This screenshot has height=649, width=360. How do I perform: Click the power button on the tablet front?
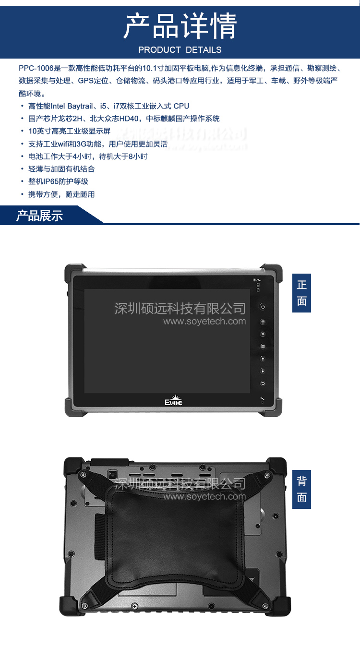pos(263,307)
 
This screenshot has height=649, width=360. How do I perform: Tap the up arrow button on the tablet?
pos(263,359)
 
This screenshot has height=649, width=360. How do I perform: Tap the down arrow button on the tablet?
pos(263,371)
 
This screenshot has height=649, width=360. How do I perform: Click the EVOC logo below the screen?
pos(174,401)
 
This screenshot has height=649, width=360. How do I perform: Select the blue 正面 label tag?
pos(301,293)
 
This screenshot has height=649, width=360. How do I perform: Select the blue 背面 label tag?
pos(301,489)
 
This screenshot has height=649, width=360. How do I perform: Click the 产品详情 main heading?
pos(180,26)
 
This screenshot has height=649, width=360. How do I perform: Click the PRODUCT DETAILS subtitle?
pos(180,50)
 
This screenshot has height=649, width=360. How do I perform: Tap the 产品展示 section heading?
pos(39,216)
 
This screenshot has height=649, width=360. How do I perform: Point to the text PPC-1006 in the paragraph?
pos(35,68)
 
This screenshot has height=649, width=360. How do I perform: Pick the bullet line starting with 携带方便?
pos(61,194)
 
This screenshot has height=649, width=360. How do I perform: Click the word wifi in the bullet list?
pos(64,144)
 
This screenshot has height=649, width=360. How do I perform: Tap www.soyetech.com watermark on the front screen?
pos(204,321)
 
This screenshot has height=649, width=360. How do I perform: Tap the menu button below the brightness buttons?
pos(263,346)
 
